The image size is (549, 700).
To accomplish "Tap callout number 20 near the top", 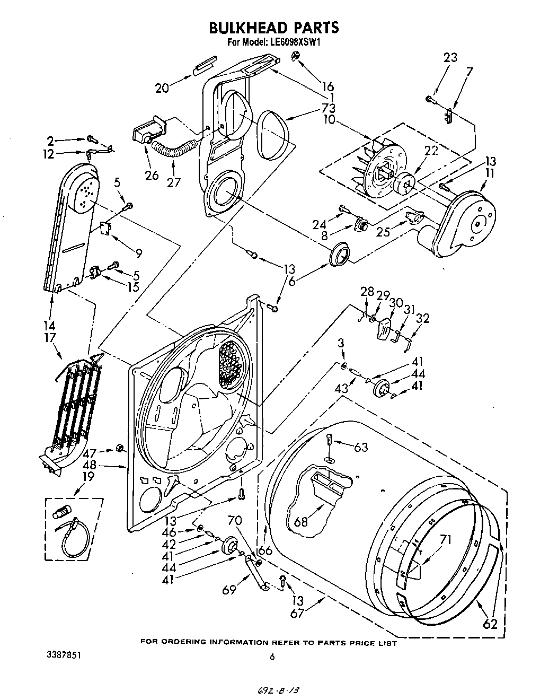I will [162, 89].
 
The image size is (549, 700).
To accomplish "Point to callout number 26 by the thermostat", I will [152, 176].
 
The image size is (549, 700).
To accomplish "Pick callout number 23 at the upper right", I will [450, 58].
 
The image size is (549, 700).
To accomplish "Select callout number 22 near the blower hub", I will [431, 151].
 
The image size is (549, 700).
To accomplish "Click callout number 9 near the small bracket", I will [138, 253].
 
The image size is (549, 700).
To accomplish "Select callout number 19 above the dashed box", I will [88, 476].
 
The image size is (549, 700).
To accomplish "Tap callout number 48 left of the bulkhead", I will [90, 466].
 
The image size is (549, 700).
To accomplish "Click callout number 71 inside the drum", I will [446, 541].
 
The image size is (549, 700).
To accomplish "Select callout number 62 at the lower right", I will [491, 624].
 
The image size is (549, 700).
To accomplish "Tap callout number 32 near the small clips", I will [423, 319].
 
